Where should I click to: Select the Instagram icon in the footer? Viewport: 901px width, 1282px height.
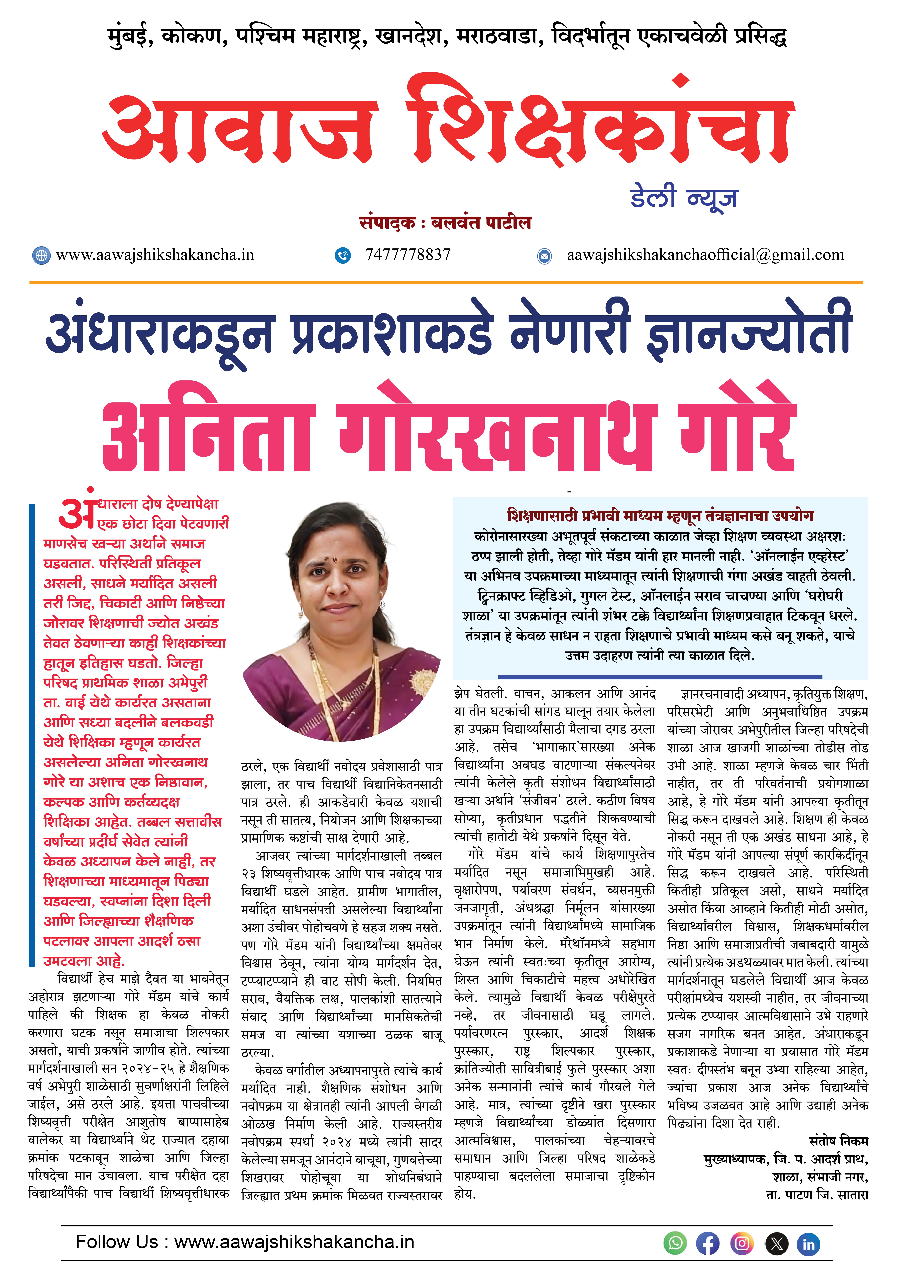[742, 1243]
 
